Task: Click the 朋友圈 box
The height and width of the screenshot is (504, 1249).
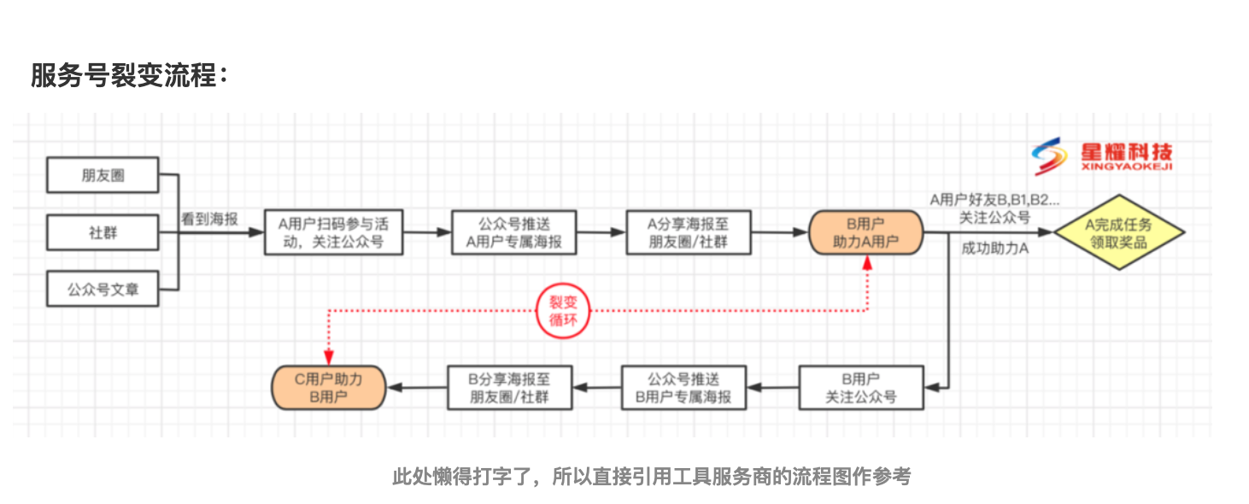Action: [103, 175]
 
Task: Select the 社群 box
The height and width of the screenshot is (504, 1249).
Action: [103, 231]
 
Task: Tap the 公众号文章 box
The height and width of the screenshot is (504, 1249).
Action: [103, 289]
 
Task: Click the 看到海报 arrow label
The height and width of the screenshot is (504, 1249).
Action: [209, 218]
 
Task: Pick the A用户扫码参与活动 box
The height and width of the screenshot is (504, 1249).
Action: [333, 232]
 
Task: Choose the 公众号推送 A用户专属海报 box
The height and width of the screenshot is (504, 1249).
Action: [513, 232]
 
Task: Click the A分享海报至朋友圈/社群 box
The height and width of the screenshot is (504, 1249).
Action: [688, 232]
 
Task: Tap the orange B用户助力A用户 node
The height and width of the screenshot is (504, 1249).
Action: [865, 232]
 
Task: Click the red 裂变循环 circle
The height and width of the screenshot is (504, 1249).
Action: [563, 311]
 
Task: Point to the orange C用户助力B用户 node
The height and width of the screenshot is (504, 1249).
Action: [328, 387]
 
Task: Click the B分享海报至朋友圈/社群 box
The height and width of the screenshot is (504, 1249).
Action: [509, 387]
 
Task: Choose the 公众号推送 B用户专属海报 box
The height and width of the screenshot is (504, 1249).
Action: [683, 387]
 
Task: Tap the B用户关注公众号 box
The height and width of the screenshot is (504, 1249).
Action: [860, 387]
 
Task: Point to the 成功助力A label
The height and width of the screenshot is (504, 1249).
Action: [994, 249]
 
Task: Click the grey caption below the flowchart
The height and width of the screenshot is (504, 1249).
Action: [651, 476]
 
